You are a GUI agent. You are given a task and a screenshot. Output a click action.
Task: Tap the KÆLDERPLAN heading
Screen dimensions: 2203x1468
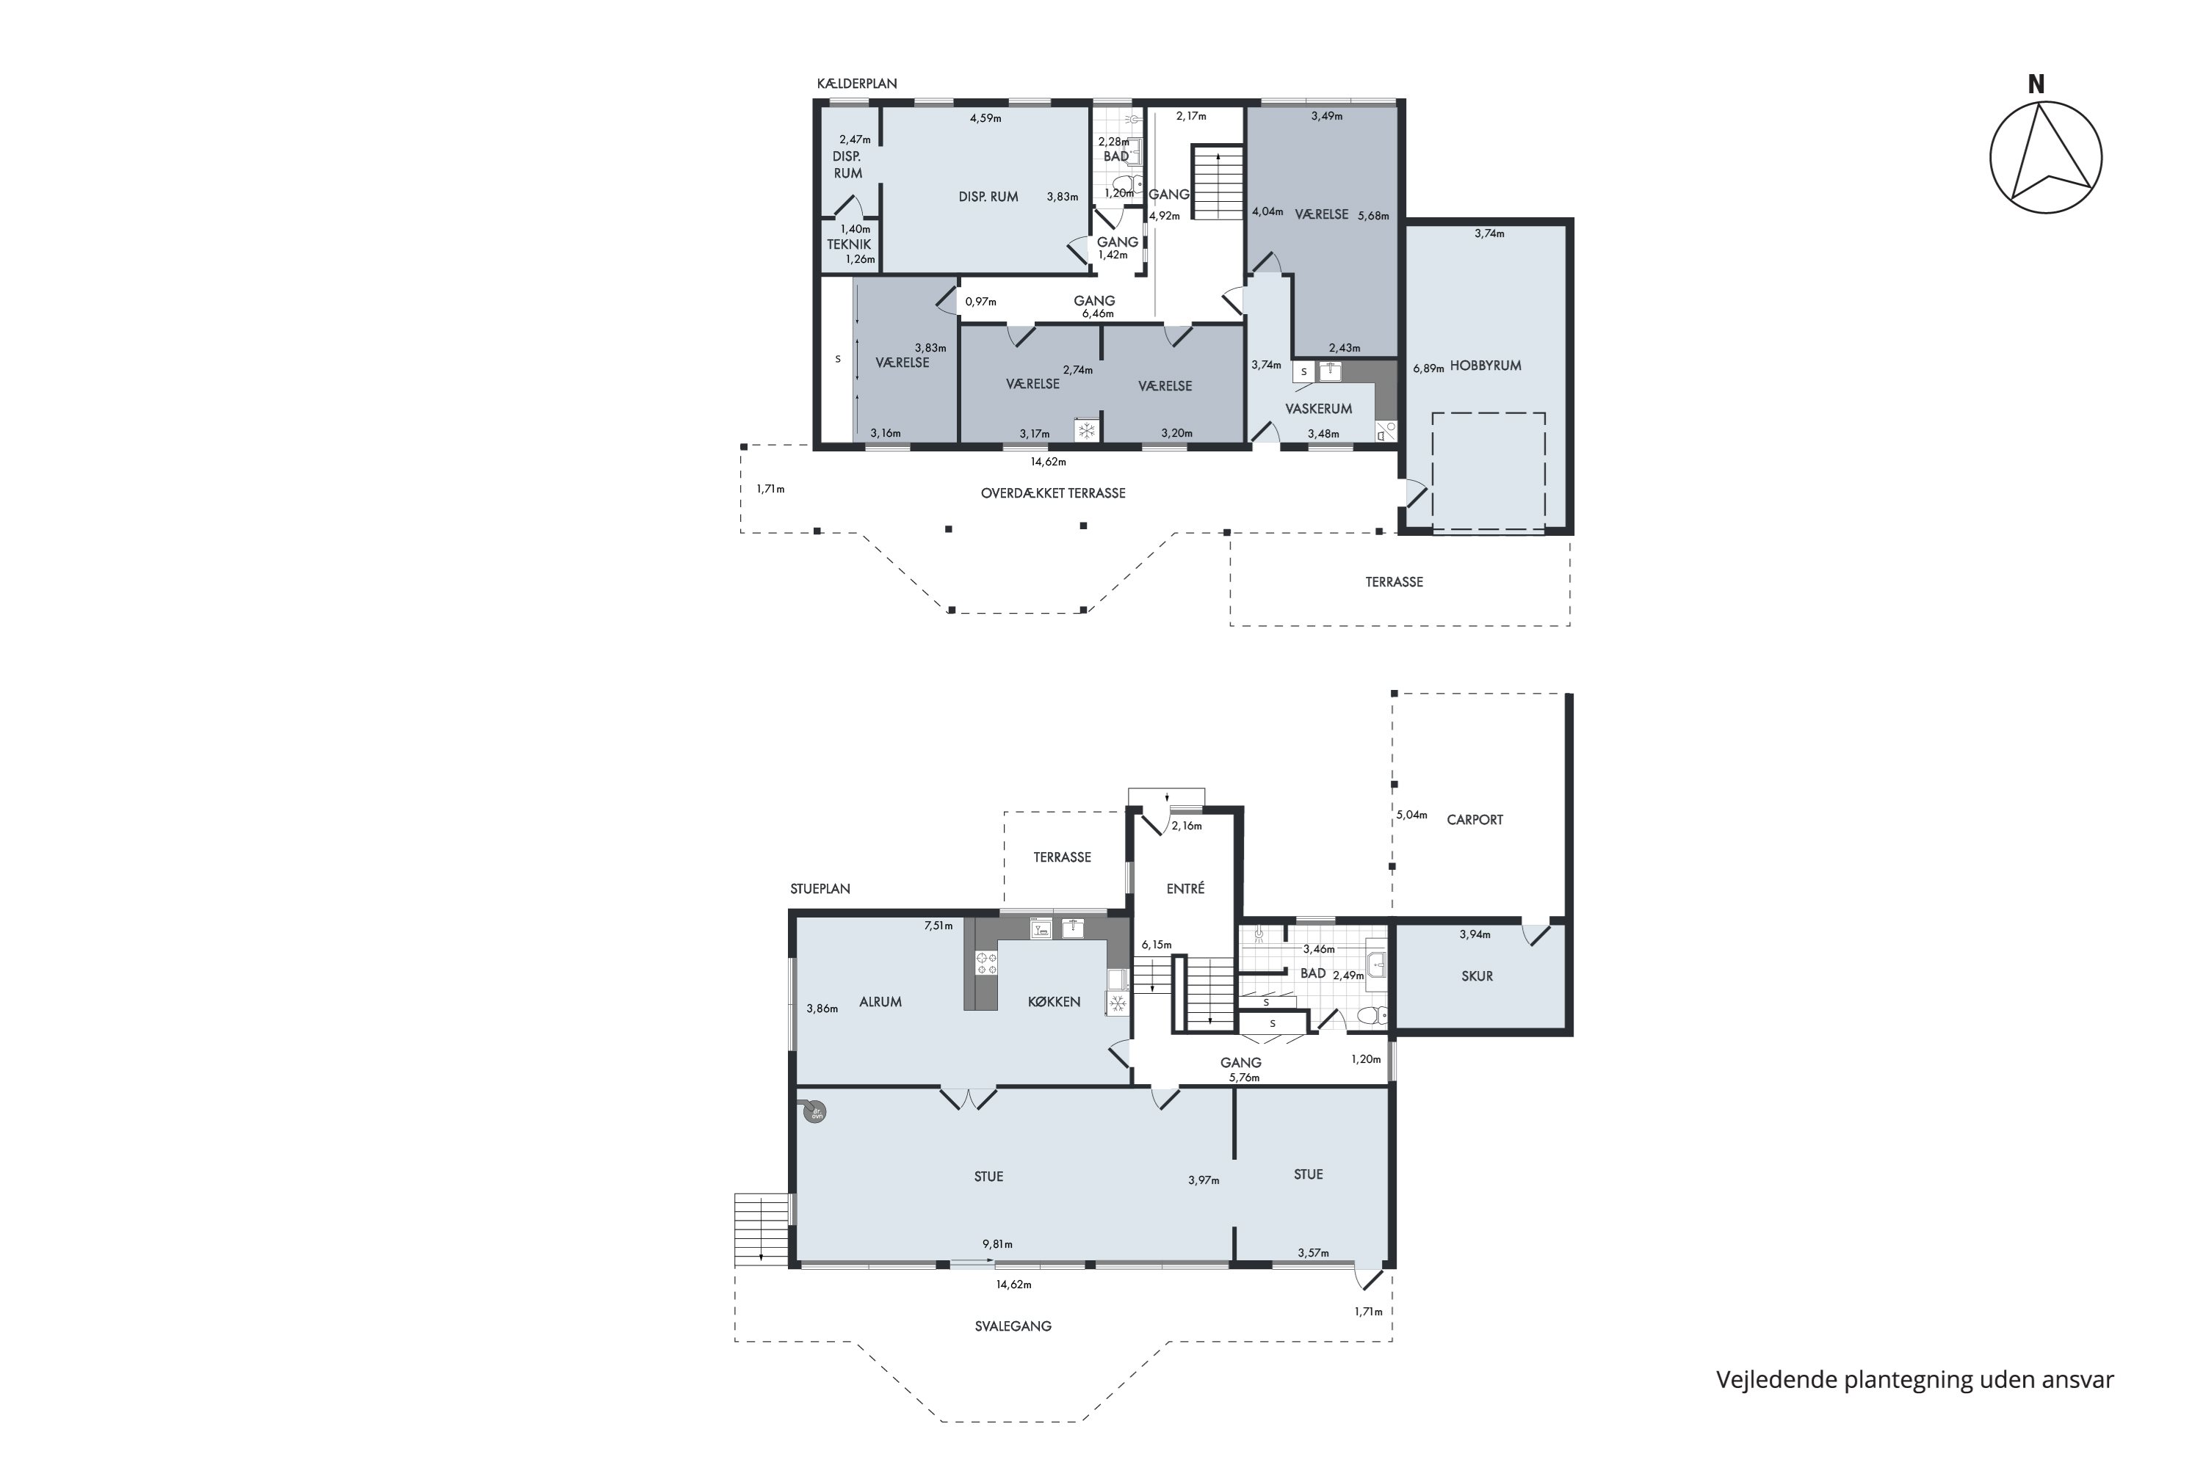click(x=857, y=84)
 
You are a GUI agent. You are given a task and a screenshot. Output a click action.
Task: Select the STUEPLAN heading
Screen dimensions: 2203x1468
click(x=820, y=888)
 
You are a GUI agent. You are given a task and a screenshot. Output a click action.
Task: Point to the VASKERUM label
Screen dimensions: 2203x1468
click(x=1319, y=409)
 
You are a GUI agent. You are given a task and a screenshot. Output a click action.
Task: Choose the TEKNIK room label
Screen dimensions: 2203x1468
click(x=849, y=244)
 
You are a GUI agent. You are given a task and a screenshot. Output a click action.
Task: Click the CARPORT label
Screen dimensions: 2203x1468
click(x=1475, y=819)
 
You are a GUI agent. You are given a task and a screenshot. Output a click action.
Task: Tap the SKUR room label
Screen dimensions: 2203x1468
click(x=1477, y=975)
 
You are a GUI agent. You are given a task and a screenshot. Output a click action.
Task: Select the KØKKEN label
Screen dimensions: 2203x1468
click(x=1055, y=1002)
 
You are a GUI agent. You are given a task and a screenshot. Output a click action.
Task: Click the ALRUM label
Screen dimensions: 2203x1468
click(x=880, y=1002)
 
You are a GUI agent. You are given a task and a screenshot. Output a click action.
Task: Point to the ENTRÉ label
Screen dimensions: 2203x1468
click(x=1186, y=888)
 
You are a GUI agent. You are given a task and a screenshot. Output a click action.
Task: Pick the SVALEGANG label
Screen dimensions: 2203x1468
click(x=1013, y=1326)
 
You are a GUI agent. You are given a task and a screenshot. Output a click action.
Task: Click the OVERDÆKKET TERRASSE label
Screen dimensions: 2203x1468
click(x=1054, y=493)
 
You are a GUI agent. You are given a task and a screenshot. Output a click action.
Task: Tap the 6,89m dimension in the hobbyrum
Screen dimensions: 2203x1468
click(x=1428, y=368)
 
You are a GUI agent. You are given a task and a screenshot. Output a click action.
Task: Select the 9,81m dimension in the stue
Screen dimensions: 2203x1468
click(x=997, y=1244)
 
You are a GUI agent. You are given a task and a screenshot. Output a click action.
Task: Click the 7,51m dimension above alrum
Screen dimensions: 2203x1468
click(x=938, y=926)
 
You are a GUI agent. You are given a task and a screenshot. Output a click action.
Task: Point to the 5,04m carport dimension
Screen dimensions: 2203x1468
click(x=1411, y=815)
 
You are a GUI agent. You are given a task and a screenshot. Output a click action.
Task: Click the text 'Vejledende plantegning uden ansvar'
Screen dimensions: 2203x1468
click(x=1915, y=1379)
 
